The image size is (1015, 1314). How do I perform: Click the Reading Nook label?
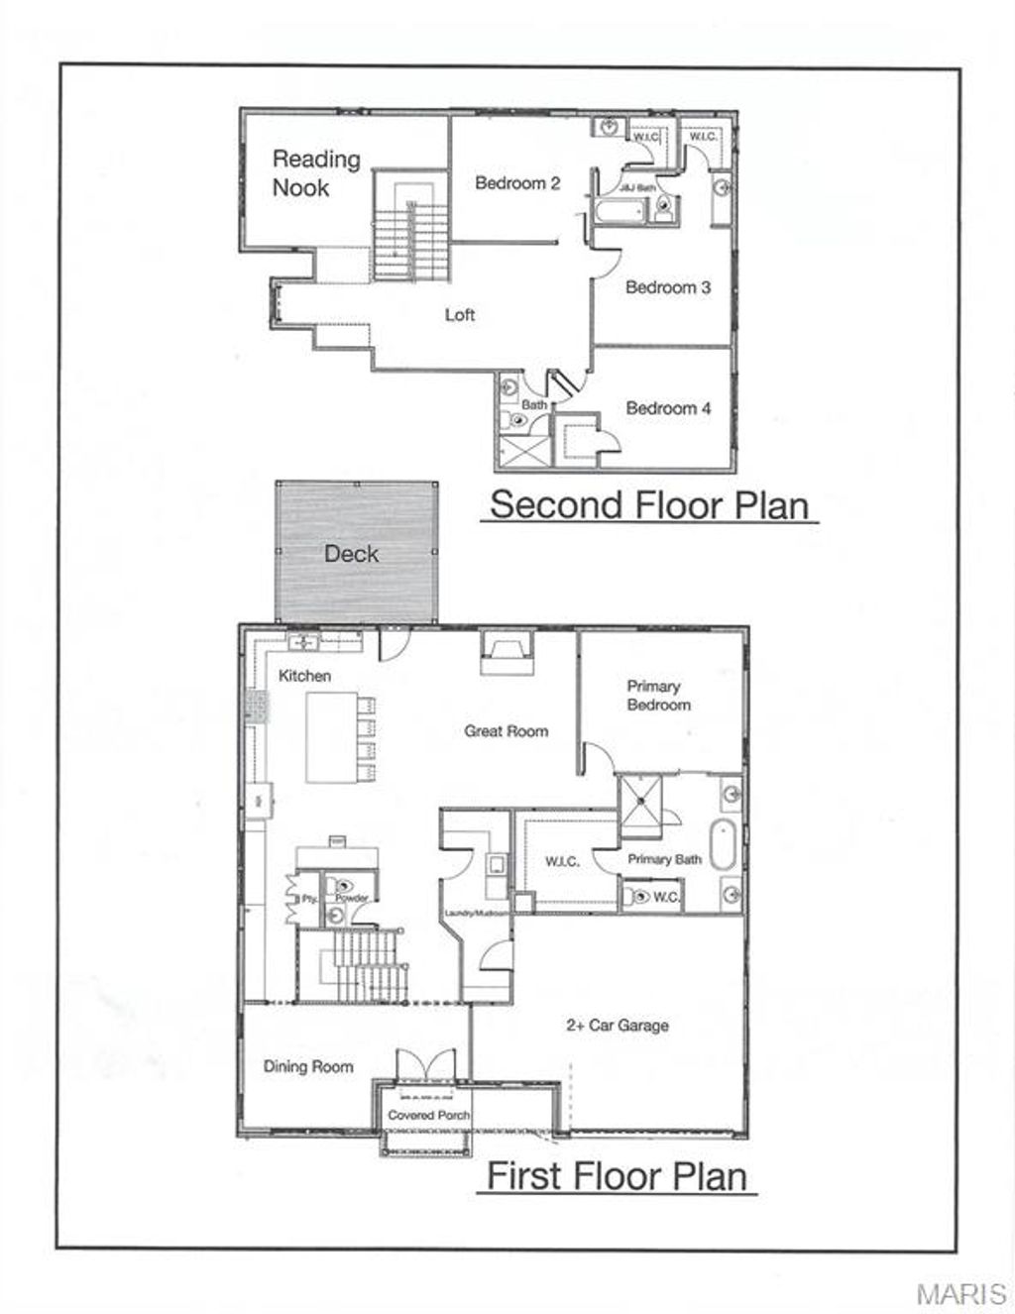(316, 172)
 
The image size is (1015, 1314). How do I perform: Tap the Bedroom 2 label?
(517, 183)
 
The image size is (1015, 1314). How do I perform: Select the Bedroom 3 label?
(667, 287)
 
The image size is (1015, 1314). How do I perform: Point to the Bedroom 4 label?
(668, 408)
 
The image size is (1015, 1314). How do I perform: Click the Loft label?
(459, 315)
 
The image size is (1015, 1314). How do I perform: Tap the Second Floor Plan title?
(650, 504)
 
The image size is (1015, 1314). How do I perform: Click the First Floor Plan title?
(617, 1176)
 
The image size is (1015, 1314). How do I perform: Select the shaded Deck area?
(355, 553)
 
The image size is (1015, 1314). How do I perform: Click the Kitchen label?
(304, 676)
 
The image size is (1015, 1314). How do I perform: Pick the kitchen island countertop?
(330, 737)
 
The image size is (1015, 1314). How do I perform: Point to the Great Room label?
(506, 731)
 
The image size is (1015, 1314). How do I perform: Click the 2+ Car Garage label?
(617, 1026)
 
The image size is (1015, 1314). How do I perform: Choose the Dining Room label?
(308, 1067)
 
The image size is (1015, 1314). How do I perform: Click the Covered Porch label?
(428, 1115)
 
